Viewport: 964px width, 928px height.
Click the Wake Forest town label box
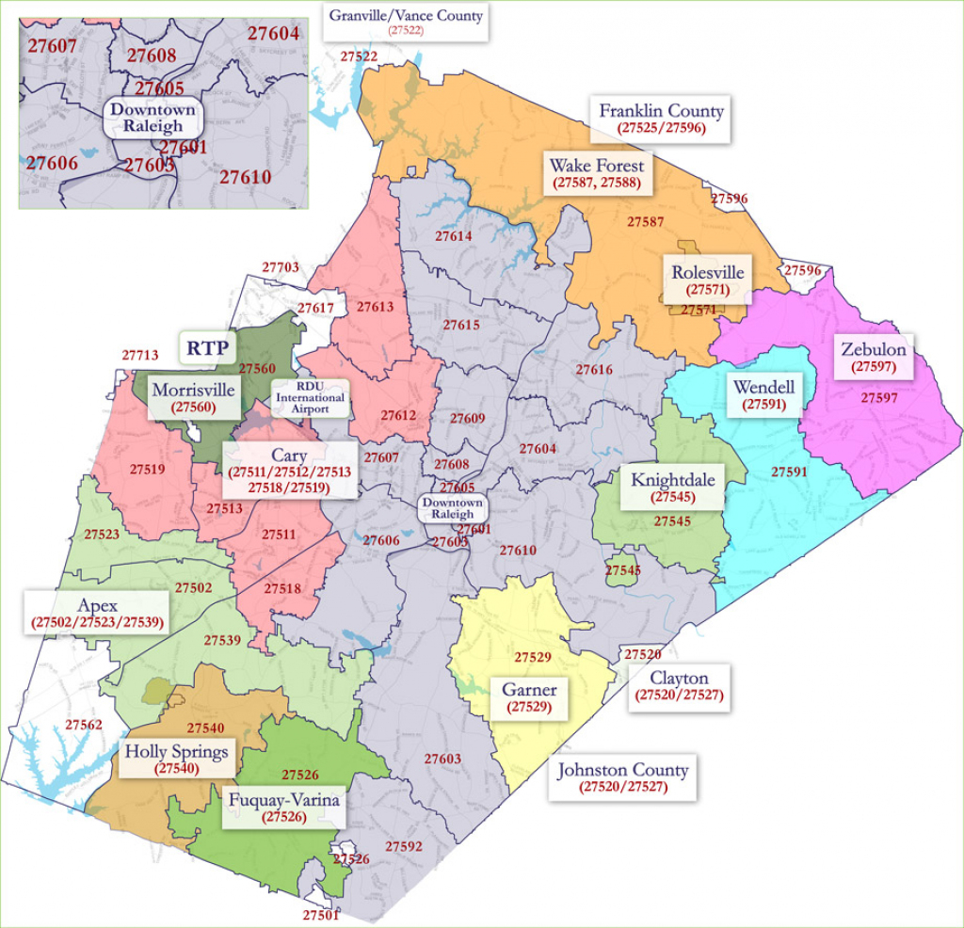pyautogui.click(x=597, y=174)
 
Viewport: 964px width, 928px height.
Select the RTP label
pyautogui.click(x=206, y=347)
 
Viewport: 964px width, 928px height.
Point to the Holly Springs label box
pyautogui.click(x=177, y=759)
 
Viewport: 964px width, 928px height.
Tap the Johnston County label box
pyautogui.click(x=622, y=777)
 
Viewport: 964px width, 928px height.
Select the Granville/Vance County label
pyautogui.click(x=406, y=21)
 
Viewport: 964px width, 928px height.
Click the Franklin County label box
pyautogui.click(x=661, y=118)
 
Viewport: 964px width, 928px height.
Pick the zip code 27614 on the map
pyautogui.click(x=454, y=236)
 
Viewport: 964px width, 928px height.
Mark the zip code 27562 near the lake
pyautogui.click(x=84, y=725)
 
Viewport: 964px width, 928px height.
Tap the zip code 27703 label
pyautogui.click(x=281, y=268)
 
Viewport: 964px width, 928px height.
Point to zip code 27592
pyautogui.click(x=403, y=846)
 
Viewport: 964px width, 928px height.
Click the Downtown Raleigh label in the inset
pyautogui.click(x=153, y=118)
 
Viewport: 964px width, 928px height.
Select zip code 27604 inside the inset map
pyautogui.click(x=273, y=34)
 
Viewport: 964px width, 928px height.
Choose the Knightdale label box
pyautogui.click(x=672, y=488)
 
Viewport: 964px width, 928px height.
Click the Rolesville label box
pyautogui.click(x=707, y=280)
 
